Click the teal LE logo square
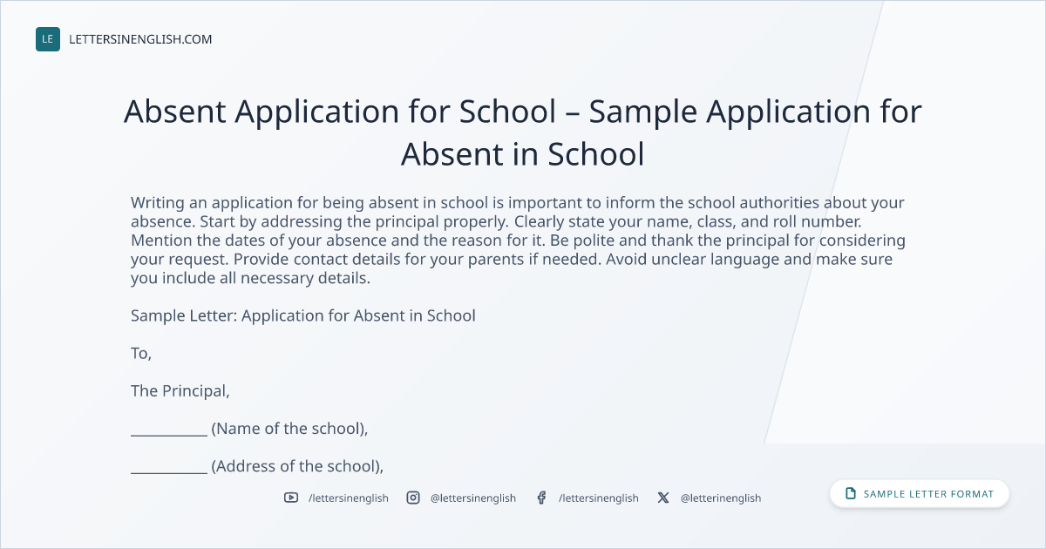(x=48, y=39)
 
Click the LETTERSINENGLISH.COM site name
(x=140, y=40)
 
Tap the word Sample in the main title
(x=642, y=112)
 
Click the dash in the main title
(x=572, y=113)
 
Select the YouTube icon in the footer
(x=291, y=498)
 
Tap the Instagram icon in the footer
(x=413, y=498)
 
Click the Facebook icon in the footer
(x=541, y=498)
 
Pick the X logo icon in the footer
(x=663, y=498)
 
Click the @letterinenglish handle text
(x=721, y=498)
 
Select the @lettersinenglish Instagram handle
(x=473, y=498)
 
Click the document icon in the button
(x=851, y=493)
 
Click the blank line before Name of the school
(x=169, y=436)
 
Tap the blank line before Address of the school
(x=169, y=473)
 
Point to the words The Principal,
(x=180, y=391)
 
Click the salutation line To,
(x=141, y=354)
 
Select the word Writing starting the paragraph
(x=158, y=203)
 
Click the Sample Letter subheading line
(x=303, y=316)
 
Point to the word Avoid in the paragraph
(x=626, y=259)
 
